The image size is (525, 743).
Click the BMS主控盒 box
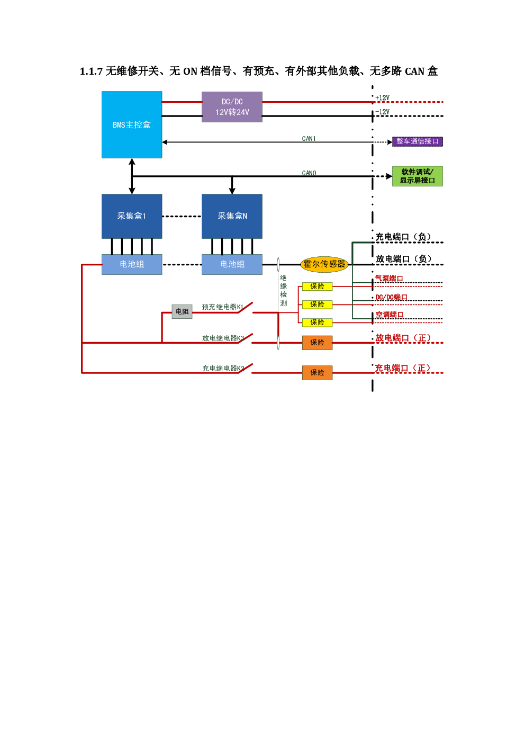coord(132,125)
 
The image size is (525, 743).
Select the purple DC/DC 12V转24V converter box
coord(232,107)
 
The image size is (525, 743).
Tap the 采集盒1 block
coord(132,216)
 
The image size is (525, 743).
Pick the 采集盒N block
coord(232,216)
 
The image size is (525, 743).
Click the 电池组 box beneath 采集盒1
coord(132,264)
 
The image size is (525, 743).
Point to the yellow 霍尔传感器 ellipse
coord(324,264)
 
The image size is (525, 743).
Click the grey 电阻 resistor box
coord(182,311)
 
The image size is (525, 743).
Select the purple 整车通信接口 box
coord(417,141)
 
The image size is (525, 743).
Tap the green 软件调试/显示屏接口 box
coord(417,176)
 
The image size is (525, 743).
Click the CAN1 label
coord(309,138)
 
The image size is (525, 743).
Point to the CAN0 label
coord(309,173)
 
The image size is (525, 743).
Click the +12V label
coord(382,98)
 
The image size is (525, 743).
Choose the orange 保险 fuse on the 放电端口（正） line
coord(317,343)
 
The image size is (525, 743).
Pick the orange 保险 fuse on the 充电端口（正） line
coord(317,373)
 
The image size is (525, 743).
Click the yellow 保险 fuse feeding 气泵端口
coord(317,287)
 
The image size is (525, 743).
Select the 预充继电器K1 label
coord(223,307)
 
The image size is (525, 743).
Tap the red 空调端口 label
coord(390,315)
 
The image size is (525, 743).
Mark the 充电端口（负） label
coord(403,237)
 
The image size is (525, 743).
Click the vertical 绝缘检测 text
coord(283,291)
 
